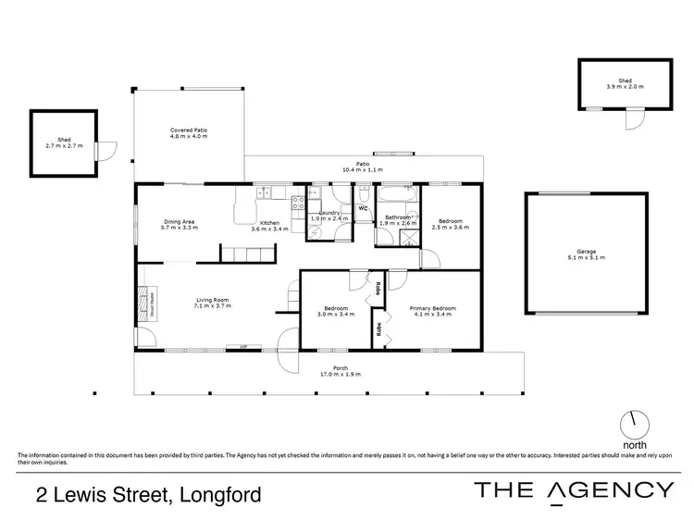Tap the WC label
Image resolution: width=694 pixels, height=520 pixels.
pos(364,208)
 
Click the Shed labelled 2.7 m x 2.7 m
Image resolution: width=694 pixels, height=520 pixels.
pos(63,142)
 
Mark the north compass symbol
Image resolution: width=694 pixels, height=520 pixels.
pos(635,424)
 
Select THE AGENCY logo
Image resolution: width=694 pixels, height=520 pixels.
pos(574,490)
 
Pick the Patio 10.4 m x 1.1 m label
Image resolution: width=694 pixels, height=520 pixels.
pos(362,167)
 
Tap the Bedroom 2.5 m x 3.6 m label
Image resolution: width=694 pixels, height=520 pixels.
pos(451,225)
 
